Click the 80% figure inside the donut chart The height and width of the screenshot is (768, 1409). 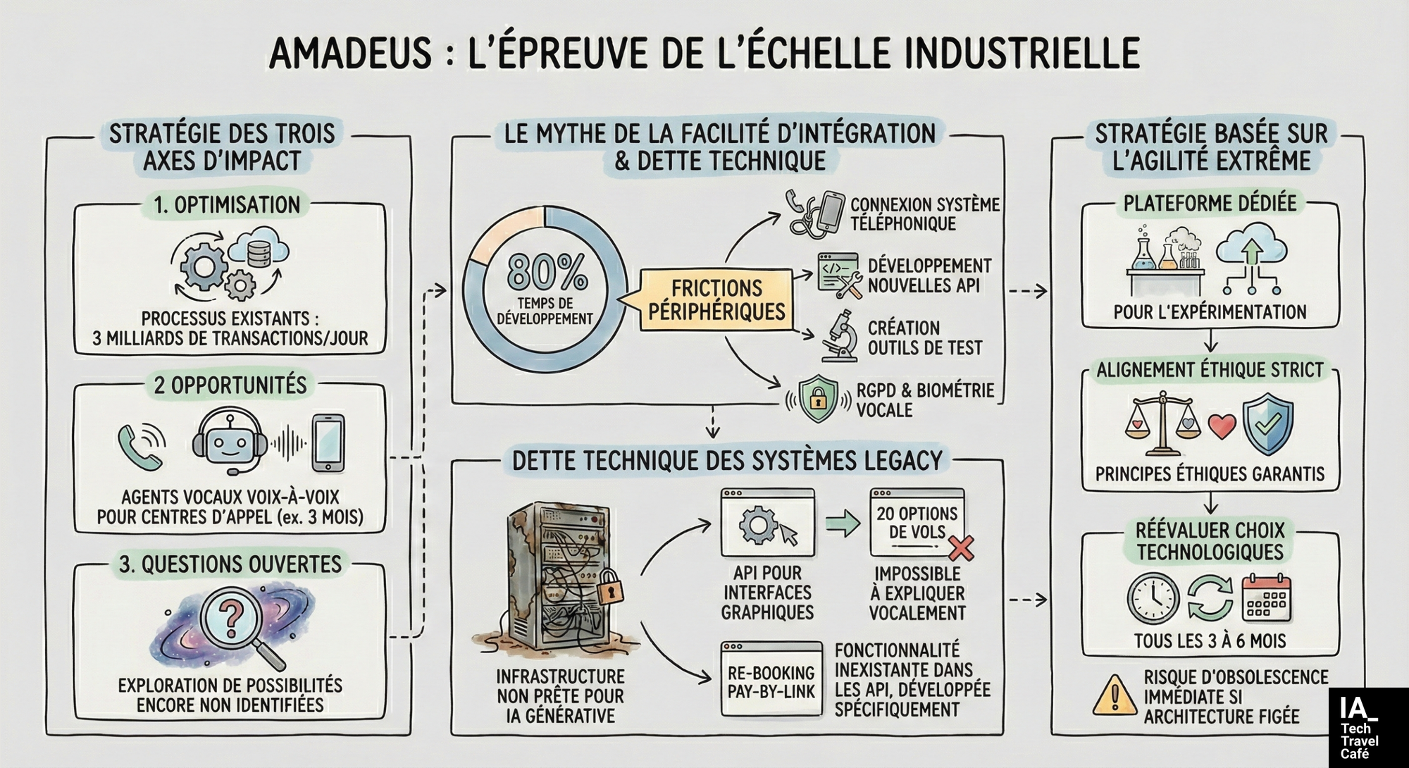(547, 271)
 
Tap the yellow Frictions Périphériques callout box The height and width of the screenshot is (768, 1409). (716, 300)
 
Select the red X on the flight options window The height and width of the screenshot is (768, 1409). (961, 547)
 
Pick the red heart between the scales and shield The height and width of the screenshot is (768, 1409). (1222, 426)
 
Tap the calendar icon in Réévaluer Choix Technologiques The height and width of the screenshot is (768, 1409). (1267, 598)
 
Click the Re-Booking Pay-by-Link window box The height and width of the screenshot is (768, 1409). (771, 679)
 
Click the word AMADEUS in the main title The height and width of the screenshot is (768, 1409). (350, 53)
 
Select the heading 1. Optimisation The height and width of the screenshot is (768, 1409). (228, 205)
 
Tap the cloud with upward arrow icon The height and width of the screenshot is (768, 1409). (1252, 258)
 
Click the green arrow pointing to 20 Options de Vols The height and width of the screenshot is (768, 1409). (843, 524)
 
